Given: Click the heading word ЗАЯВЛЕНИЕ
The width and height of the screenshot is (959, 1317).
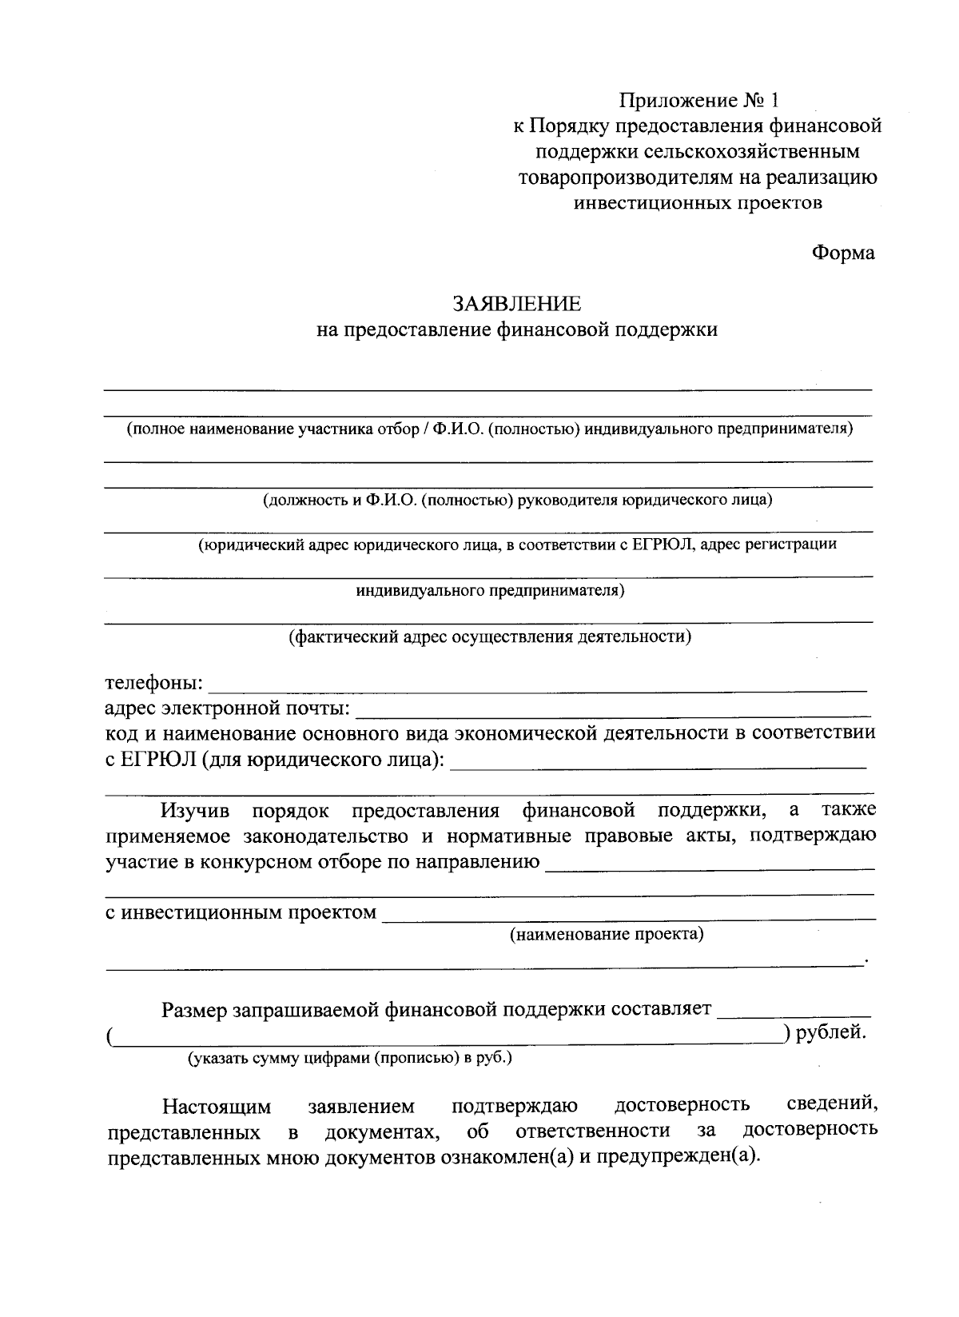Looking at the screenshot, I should tap(517, 304).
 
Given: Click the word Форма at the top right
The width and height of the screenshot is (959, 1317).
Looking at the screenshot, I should tap(843, 253).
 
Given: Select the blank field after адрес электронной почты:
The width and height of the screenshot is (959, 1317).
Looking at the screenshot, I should tap(611, 709).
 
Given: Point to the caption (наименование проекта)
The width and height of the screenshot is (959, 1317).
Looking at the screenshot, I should tap(607, 934).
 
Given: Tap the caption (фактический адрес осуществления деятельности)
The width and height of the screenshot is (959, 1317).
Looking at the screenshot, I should tap(490, 637).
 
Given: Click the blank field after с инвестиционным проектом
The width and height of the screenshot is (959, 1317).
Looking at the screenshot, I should tap(629, 913).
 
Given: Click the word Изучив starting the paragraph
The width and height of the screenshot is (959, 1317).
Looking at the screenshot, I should tap(195, 811).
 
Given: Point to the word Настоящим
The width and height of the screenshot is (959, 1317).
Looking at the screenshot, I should tap(217, 1107).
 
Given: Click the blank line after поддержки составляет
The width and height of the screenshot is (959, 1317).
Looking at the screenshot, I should tap(794, 1011).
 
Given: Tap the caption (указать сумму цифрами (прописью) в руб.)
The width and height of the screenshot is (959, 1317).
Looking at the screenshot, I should tap(349, 1058).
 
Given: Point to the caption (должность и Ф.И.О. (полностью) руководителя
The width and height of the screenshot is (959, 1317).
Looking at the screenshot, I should tap(518, 501).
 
